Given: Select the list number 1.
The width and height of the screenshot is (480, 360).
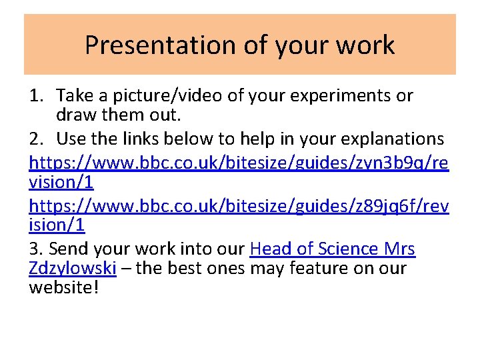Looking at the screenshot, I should pos(36,96).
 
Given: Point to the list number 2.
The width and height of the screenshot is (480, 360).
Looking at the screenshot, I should pos(36,139).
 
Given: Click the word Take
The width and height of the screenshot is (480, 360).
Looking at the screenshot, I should pos(74,96).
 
